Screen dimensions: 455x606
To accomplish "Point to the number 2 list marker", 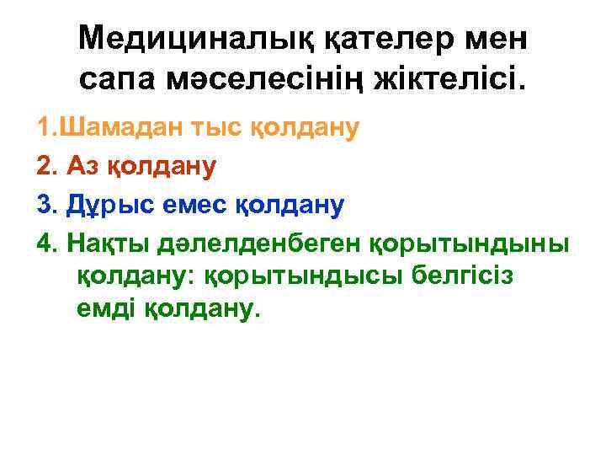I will click(44, 166).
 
